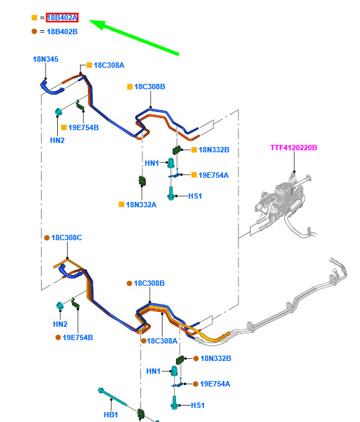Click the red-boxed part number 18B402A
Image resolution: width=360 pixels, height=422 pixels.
(x=62, y=17)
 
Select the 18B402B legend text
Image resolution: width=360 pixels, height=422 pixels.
(x=62, y=32)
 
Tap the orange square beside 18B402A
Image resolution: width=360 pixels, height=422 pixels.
(x=34, y=17)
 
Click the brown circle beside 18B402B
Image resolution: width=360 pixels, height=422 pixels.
(x=34, y=32)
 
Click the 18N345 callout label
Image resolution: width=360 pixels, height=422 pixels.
(x=46, y=59)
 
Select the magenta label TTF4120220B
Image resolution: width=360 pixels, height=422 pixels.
(x=294, y=148)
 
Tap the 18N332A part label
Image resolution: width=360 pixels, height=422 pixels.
(x=141, y=205)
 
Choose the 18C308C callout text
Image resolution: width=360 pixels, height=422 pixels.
(x=66, y=238)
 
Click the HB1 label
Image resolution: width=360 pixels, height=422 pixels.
(x=111, y=415)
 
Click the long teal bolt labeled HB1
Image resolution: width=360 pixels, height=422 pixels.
(x=112, y=397)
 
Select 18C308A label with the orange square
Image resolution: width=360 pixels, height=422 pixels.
(x=109, y=65)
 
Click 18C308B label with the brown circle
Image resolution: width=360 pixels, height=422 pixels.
(x=149, y=283)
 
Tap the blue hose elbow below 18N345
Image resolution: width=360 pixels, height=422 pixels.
(x=50, y=87)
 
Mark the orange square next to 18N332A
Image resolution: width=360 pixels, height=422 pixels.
(x=122, y=205)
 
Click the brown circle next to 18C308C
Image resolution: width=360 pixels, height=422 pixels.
(x=47, y=238)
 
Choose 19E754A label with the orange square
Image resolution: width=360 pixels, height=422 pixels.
(x=214, y=175)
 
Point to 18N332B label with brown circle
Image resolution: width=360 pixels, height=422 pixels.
(x=216, y=358)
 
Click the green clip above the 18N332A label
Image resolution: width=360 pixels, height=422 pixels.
(x=142, y=181)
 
